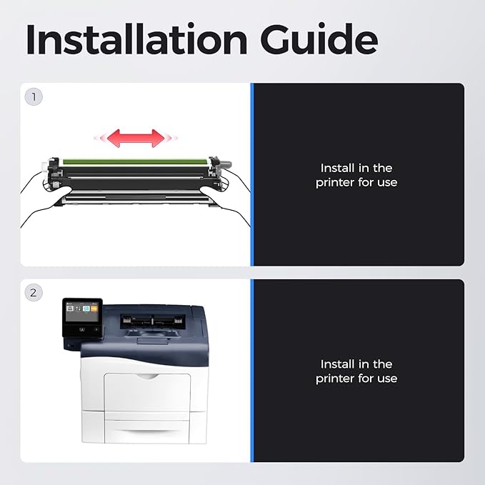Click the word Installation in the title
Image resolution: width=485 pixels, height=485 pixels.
pyautogui.click(x=136, y=39)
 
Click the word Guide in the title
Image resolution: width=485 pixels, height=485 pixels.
pyautogui.click(x=319, y=39)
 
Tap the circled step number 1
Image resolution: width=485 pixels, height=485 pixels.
pyautogui.click(x=34, y=97)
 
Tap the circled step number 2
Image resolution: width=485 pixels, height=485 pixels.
pyautogui.click(x=34, y=292)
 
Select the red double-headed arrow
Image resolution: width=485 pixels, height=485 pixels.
pyautogui.click(x=136, y=138)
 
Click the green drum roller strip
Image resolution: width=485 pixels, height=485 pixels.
pyautogui.click(x=135, y=162)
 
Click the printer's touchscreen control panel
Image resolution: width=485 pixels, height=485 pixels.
pyautogui.click(x=82, y=317)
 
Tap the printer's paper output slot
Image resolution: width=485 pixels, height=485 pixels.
pyautogui.click(x=152, y=321)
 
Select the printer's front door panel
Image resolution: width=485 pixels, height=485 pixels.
pyautogui.click(x=147, y=392)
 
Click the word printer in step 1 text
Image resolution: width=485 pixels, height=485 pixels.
pyautogui.click(x=335, y=182)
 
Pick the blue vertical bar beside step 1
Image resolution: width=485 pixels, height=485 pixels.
pyautogui.click(x=251, y=174)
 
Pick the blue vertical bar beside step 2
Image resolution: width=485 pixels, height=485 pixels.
pyautogui.click(x=251, y=371)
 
